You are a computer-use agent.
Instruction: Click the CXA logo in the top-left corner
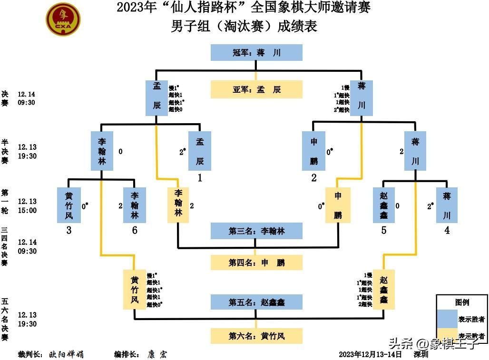pyautogui.click(x=63, y=19)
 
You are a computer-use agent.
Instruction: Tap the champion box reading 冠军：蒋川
pyautogui.click(x=256, y=53)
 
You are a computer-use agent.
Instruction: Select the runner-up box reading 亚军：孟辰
pyautogui.click(x=256, y=89)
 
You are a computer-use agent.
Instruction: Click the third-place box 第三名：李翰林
pyautogui.click(x=256, y=231)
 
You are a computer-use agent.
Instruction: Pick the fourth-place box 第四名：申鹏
pyautogui.click(x=256, y=263)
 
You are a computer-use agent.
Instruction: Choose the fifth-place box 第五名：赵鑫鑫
pyautogui.click(x=256, y=302)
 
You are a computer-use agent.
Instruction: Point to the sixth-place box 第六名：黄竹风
pyautogui.click(x=256, y=336)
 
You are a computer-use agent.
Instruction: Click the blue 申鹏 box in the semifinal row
pyautogui.click(x=313, y=151)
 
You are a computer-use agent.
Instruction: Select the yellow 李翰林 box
pyautogui.click(x=178, y=205)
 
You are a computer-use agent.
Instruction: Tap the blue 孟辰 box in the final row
pyautogui.click(x=156, y=98)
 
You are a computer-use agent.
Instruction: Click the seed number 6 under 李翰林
pyautogui.click(x=135, y=231)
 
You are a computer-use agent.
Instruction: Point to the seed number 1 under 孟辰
pyautogui.click(x=200, y=178)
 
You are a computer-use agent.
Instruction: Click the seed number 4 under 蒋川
pyautogui.click(x=447, y=231)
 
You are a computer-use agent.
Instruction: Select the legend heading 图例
pyautogui.click(x=462, y=302)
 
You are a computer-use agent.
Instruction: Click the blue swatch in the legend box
pyautogui.click(x=447, y=319)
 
